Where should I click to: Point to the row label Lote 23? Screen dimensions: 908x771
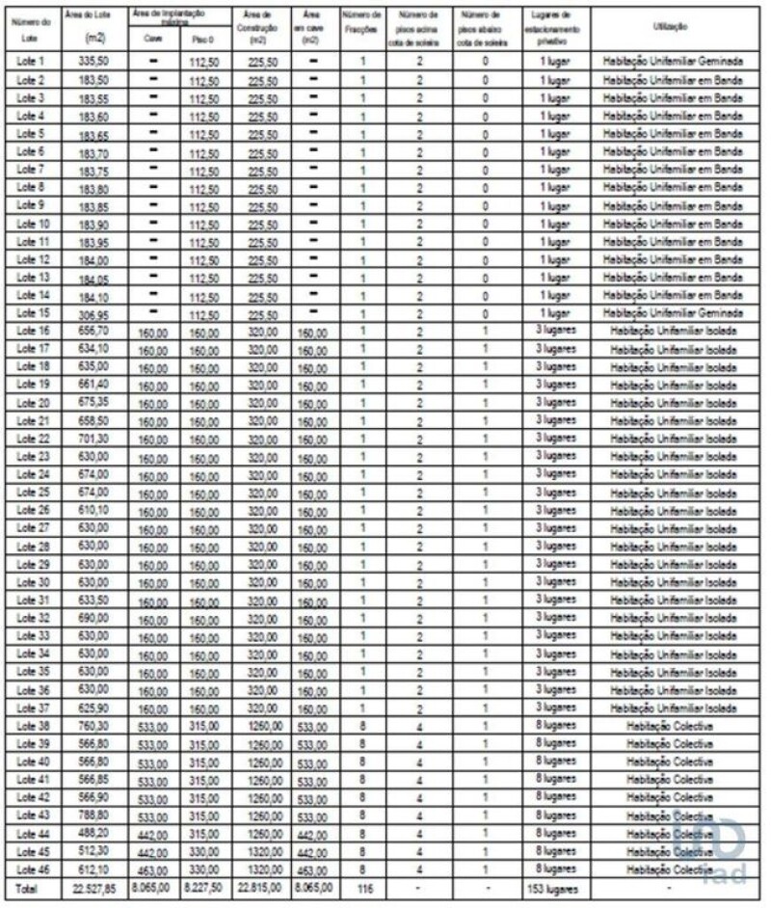33,457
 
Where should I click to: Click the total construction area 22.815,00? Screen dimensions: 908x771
257,889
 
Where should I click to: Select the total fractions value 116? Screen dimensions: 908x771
362,888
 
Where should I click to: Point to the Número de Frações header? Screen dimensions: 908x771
362,22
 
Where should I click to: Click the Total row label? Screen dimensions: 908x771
29,889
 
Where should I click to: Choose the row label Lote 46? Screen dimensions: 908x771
33,870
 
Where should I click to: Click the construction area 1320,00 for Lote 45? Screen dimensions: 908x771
257,853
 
